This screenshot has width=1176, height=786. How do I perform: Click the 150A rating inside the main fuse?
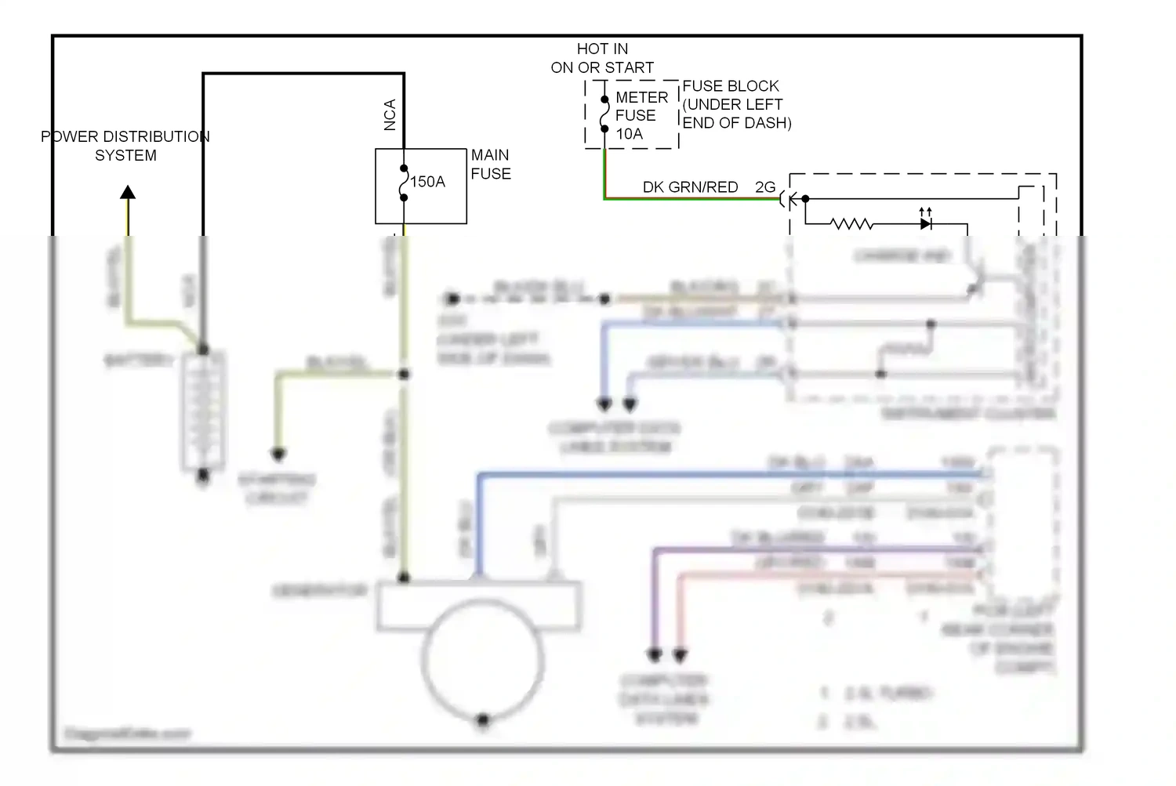coord(428,182)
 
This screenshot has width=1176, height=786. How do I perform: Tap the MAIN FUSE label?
coord(491,165)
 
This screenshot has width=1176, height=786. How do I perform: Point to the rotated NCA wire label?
coord(390,114)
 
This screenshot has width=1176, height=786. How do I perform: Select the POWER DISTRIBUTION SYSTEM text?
coord(125,146)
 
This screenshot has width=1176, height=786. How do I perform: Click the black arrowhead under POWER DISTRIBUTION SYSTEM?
coord(128,192)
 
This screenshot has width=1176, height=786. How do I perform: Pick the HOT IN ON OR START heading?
coord(602,59)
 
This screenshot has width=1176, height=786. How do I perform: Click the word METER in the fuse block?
coord(641,98)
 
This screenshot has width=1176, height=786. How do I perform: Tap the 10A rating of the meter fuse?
coord(629,134)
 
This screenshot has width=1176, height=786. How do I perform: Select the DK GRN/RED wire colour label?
coord(690,187)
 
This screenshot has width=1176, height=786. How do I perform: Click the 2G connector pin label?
coord(765,187)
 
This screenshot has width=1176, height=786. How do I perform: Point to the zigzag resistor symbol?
coord(851,224)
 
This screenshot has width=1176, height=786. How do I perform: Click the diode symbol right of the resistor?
coord(926,224)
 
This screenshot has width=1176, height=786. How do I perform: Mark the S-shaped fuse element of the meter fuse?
coord(604,114)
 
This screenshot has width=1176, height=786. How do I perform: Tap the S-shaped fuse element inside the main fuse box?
coord(404,183)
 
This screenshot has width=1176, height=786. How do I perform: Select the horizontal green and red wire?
coord(690,199)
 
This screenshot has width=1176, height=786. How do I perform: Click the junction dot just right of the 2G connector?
coord(805,199)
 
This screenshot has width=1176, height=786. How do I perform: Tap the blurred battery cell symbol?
coord(203,411)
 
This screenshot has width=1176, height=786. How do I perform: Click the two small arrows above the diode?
coord(926,212)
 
